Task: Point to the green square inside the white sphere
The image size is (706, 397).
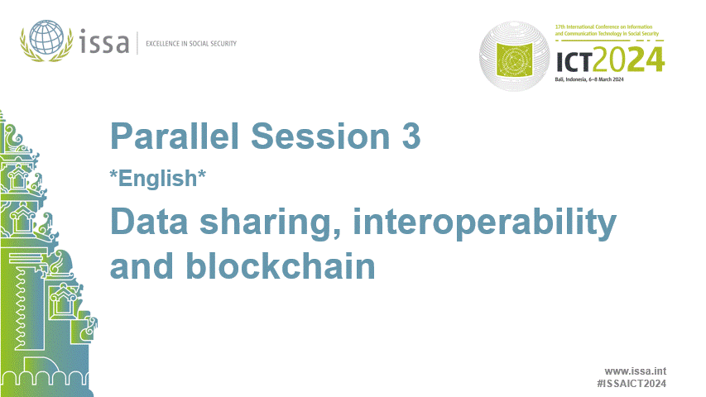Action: (x=519, y=60)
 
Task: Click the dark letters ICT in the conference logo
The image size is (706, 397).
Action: (x=578, y=60)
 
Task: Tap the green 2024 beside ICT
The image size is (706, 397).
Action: (x=633, y=60)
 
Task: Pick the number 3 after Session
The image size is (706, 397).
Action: (x=411, y=136)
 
